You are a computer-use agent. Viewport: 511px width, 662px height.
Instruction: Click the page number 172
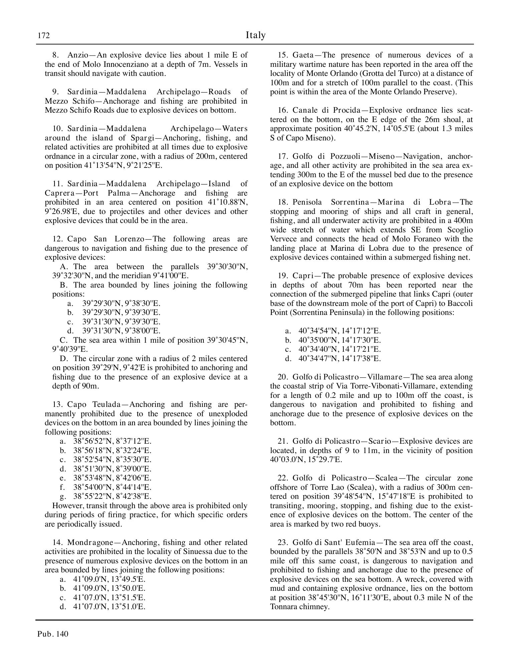click(x=43, y=35)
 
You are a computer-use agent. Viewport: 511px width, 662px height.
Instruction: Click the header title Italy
click(x=255, y=35)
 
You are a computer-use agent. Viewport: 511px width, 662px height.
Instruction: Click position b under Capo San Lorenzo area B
click(x=121, y=313)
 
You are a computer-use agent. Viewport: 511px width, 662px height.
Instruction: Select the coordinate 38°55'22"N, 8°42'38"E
click(x=112, y=496)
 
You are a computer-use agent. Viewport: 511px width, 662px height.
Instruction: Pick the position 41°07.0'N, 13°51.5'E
click(x=109, y=598)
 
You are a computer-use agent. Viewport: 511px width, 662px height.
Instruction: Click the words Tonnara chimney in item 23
click(x=300, y=607)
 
